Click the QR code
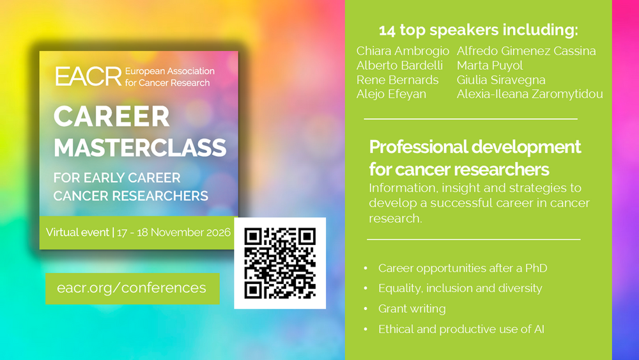coord(280,263)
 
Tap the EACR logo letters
coord(88,77)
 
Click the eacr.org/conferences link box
coord(132,288)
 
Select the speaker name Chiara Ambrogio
coord(403,51)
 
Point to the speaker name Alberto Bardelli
coord(399,66)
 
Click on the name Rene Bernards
coord(397,80)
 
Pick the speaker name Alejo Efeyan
coord(391,94)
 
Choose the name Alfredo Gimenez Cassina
coord(526,51)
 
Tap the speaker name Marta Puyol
coord(489,66)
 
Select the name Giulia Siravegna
coord(501,80)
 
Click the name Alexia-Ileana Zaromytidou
coord(529,94)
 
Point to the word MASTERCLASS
coord(140,148)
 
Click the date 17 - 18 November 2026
coord(174,232)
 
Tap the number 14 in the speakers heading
coord(387,31)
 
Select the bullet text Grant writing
coord(412,309)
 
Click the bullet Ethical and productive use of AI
coord(461,329)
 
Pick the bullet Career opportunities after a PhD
coord(463,269)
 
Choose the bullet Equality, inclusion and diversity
coord(460,288)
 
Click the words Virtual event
coord(77,232)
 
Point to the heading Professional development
coord(475,147)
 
